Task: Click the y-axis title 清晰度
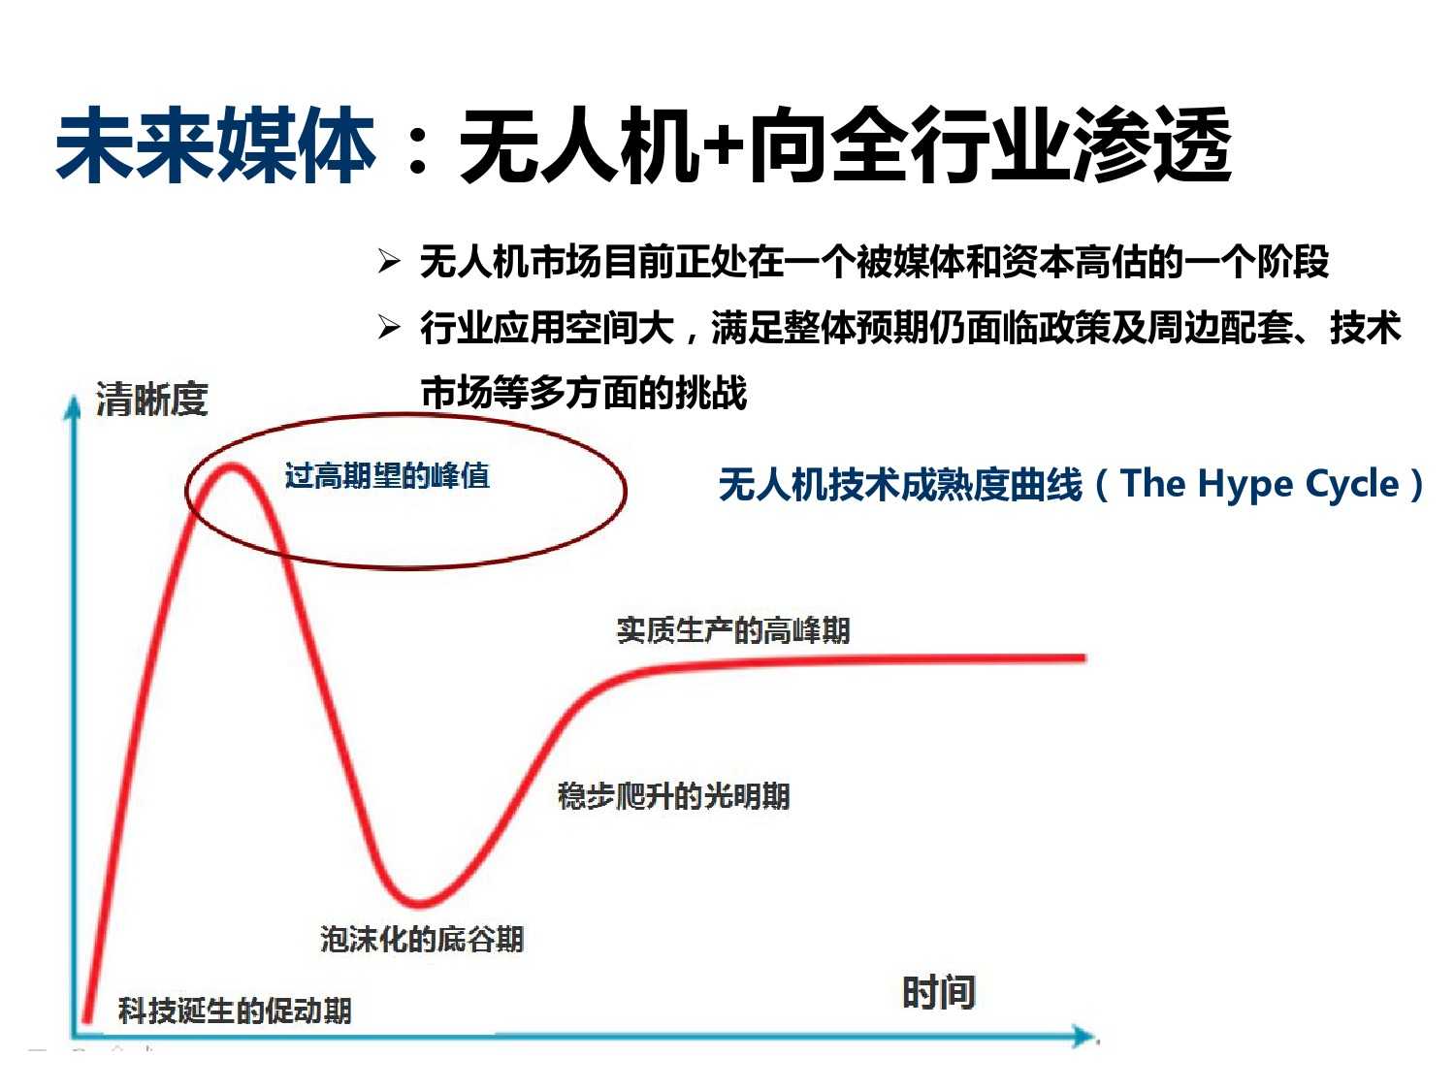coord(151,399)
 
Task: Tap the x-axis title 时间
coord(939,992)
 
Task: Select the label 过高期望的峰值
coord(387,475)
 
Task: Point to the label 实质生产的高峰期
coord(733,630)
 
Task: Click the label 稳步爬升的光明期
coord(673,795)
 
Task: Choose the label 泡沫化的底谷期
coord(422,939)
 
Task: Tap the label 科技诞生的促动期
coord(235,1011)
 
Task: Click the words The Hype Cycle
coord(1259,485)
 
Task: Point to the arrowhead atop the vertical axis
coord(73,406)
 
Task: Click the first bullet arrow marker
coord(389,262)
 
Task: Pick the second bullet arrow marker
coord(389,327)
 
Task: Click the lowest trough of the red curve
coord(419,902)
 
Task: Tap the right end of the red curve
coord(1084,658)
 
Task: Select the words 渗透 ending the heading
coord(1153,144)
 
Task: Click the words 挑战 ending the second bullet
coord(711,393)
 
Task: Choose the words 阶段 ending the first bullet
coord(1293,262)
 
